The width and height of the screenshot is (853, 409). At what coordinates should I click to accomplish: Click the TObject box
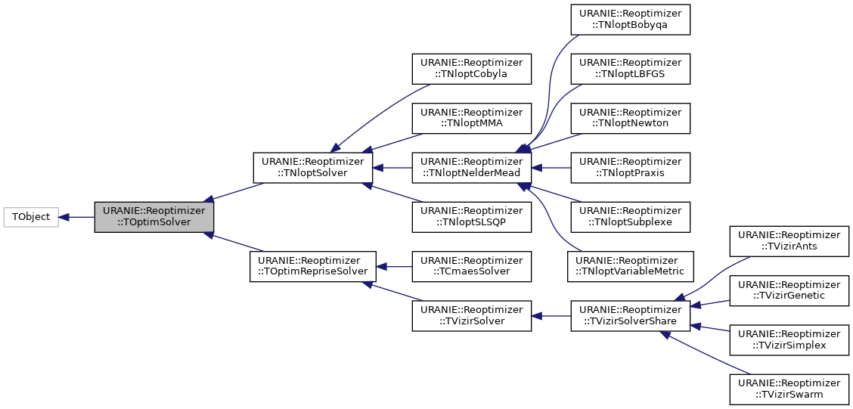pyautogui.click(x=31, y=217)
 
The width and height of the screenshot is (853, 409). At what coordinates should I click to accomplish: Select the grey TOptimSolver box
pyautogui.click(x=154, y=217)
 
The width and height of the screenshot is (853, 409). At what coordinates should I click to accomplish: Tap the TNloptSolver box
pyautogui.click(x=312, y=168)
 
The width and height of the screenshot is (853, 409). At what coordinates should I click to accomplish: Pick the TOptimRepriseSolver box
pyautogui.click(x=312, y=266)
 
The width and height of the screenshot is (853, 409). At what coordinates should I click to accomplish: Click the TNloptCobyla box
pyautogui.click(x=471, y=69)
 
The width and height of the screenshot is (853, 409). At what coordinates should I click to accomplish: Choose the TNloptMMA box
pyautogui.click(x=471, y=118)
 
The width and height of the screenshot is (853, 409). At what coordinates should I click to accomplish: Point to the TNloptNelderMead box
pyautogui.click(x=471, y=168)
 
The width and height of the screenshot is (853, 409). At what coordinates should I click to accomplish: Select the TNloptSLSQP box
pyautogui.click(x=471, y=217)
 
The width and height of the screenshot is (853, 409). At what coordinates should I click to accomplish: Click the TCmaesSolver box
pyautogui.click(x=471, y=266)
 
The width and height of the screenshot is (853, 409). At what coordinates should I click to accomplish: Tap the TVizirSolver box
pyautogui.click(x=471, y=315)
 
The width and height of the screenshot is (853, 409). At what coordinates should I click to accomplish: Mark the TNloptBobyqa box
pyautogui.click(x=630, y=19)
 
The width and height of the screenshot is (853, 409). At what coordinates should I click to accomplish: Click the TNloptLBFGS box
pyautogui.click(x=630, y=69)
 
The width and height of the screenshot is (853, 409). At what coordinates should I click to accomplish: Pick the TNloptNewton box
pyautogui.click(x=630, y=118)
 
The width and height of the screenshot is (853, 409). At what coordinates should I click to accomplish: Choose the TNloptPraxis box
pyautogui.click(x=630, y=168)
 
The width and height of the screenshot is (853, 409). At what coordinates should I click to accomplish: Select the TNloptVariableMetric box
pyautogui.click(x=630, y=266)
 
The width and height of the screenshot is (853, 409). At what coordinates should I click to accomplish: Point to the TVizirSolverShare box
pyautogui.click(x=630, y=315)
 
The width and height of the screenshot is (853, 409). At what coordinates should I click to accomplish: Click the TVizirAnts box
pyautogui.click(x=789, y=241)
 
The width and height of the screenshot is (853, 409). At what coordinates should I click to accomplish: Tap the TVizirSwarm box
pyautogui.click(x=789, y=389)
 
